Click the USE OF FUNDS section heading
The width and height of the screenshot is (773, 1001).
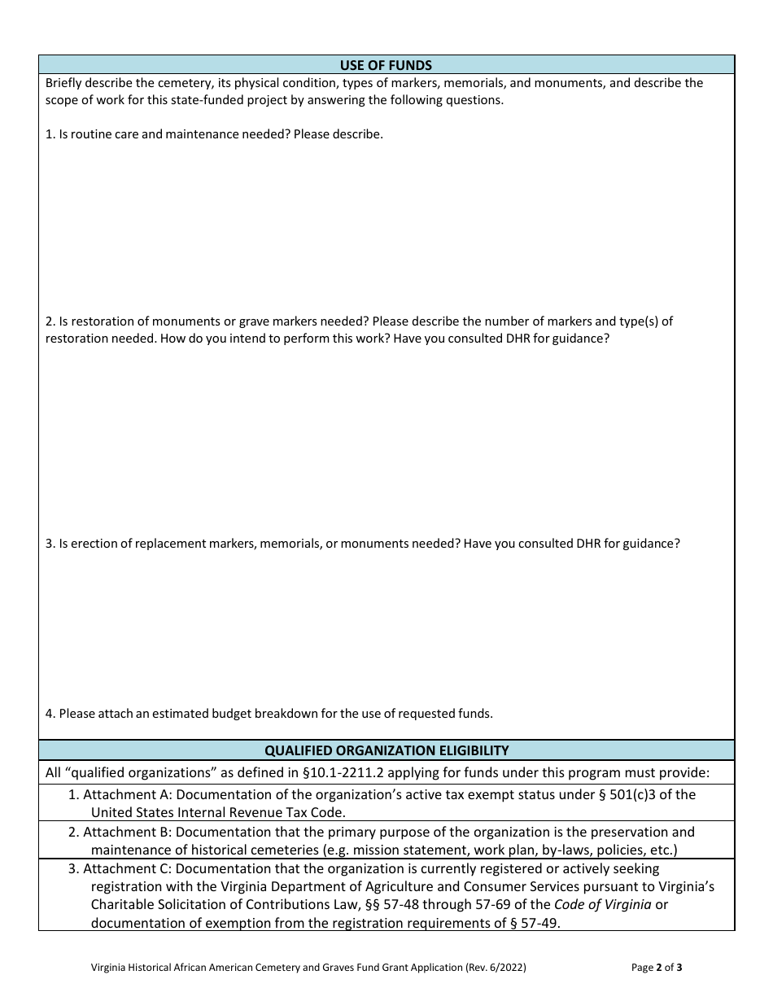pos(386,65)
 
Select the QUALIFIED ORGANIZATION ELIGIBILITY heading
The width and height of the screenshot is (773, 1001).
pos(386,750)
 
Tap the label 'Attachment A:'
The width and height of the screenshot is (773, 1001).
pos(126,794)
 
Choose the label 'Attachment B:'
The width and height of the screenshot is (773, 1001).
pos(126,832)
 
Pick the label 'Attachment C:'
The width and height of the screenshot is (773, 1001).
pos(126,868)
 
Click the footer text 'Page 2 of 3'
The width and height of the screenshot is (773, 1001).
pos(657,968)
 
